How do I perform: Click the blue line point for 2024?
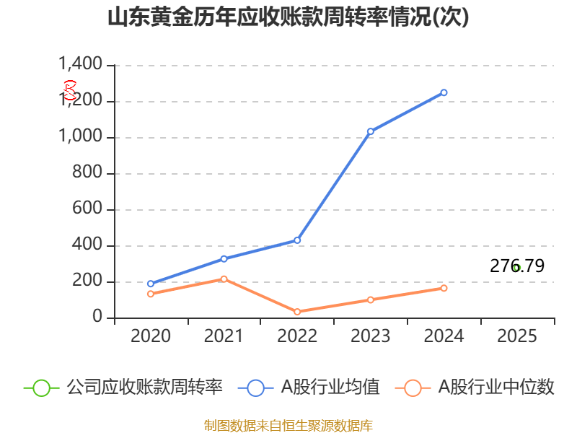click(x=444, y=92)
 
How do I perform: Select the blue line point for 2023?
click(x=371, y=131)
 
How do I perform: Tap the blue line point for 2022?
click(x=297, y=240)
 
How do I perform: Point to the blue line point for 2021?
click(x=224, y=258)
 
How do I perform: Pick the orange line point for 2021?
click(x=224, y=279)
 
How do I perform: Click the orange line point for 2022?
click(x=297, y=312)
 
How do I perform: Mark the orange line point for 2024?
click(x=444, y=288)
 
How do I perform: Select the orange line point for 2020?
click(x=151, y=294)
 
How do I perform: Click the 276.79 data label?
click(x=517, y=266)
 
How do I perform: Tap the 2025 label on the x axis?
click(x=517, y=336)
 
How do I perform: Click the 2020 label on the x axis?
click(x=151, y=336)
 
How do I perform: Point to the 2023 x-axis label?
click(x=371, y=336)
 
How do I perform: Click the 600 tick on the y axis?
click(x=90, y=209)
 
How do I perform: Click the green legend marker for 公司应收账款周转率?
click(x=41, y=388)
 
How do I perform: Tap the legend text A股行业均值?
click(x=330, y=388)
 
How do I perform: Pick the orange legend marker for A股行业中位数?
click(x=413, y=388)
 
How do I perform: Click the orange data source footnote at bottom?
click(x=288, y=425)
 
